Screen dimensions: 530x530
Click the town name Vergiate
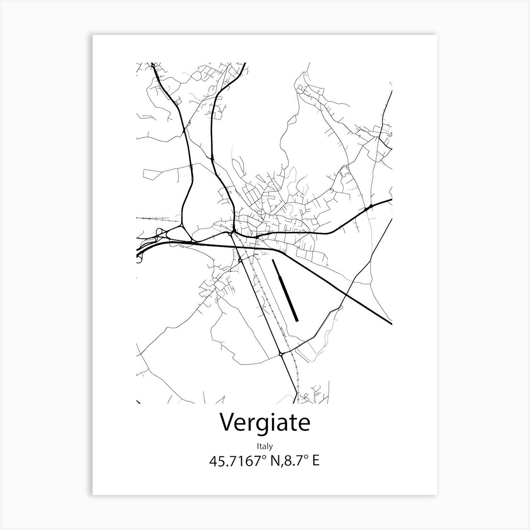265,422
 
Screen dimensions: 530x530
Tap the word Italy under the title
265,446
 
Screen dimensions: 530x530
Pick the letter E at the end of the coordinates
315,461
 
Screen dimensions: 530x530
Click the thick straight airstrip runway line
285,290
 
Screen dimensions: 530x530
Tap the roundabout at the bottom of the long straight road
281,354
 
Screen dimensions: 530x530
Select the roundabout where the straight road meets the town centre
231,233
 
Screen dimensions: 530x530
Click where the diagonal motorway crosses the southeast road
346,293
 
